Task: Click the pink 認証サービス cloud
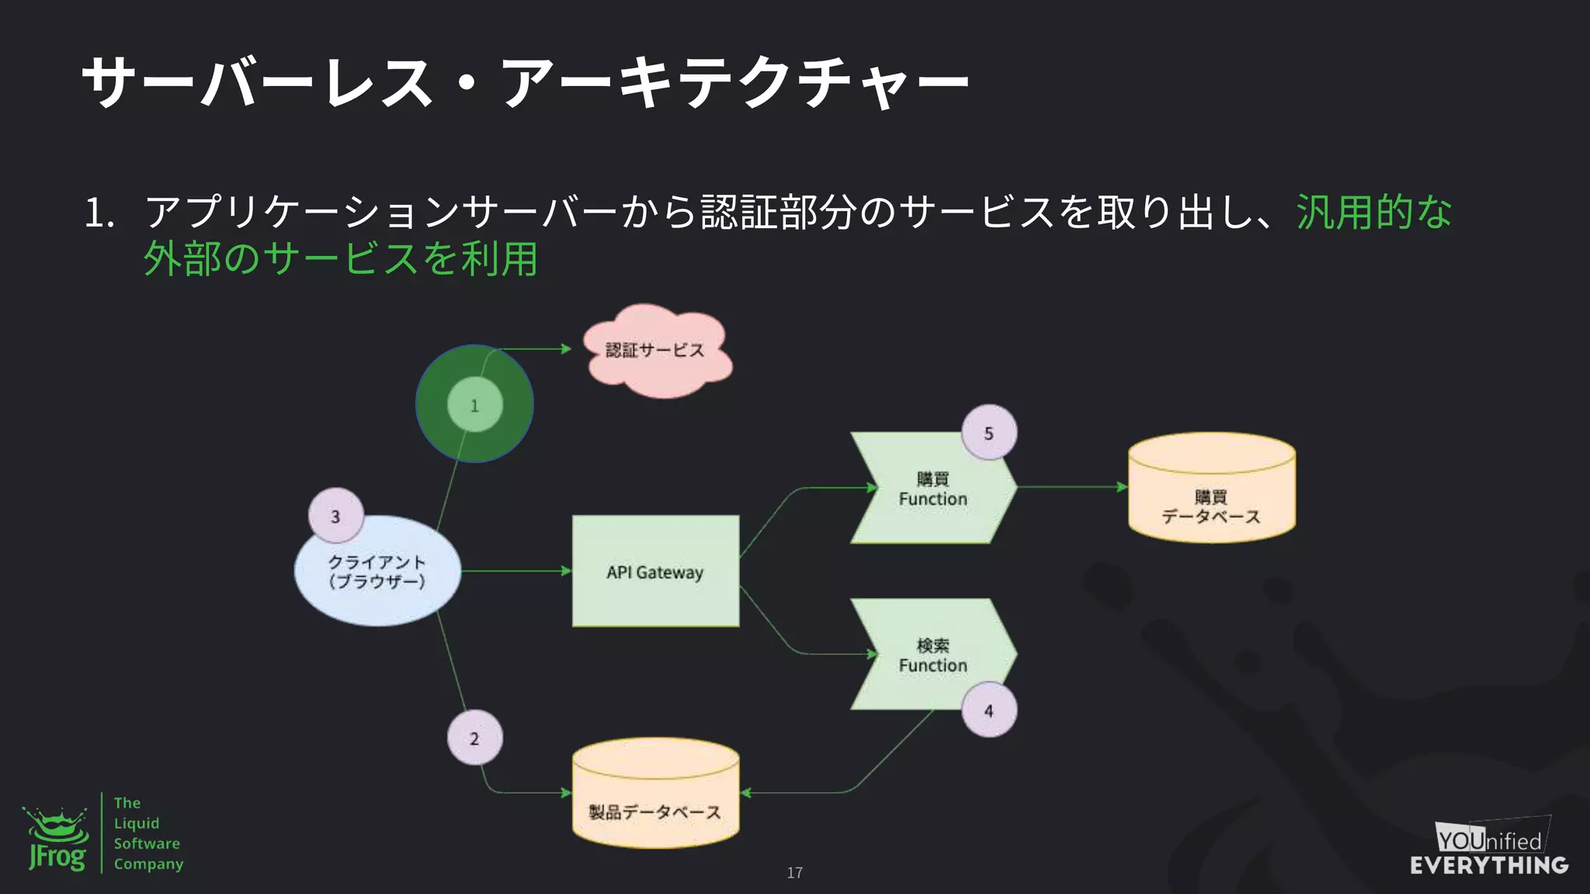click(656, 351)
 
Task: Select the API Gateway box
click(655, 571)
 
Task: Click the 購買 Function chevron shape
click(932, 489)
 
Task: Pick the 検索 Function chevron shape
click(932, 655)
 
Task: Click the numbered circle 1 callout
click(474, 405)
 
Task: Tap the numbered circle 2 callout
click(474, 738)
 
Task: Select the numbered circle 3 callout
click(335, 516)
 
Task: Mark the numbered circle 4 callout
click(988, 710)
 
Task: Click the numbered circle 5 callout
click(988, 433)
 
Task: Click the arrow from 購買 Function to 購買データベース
click(1071, 487)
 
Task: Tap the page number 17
click(794, 873)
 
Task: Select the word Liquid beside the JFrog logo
click(137, 823)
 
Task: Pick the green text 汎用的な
click(1373, 212)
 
